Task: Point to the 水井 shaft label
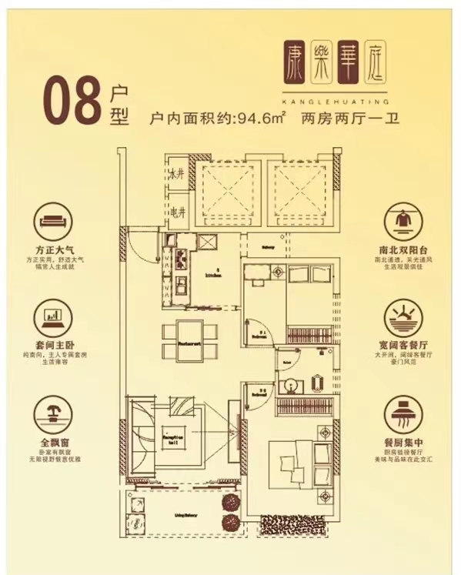[x=175, y=174]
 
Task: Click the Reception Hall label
[x=170, y=438]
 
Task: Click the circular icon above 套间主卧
[x=55, y=314]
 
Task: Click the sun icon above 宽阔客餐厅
[x=405, y=314]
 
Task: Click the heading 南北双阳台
[x=405, y=250]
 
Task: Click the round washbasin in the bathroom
[x=292, y=386]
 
